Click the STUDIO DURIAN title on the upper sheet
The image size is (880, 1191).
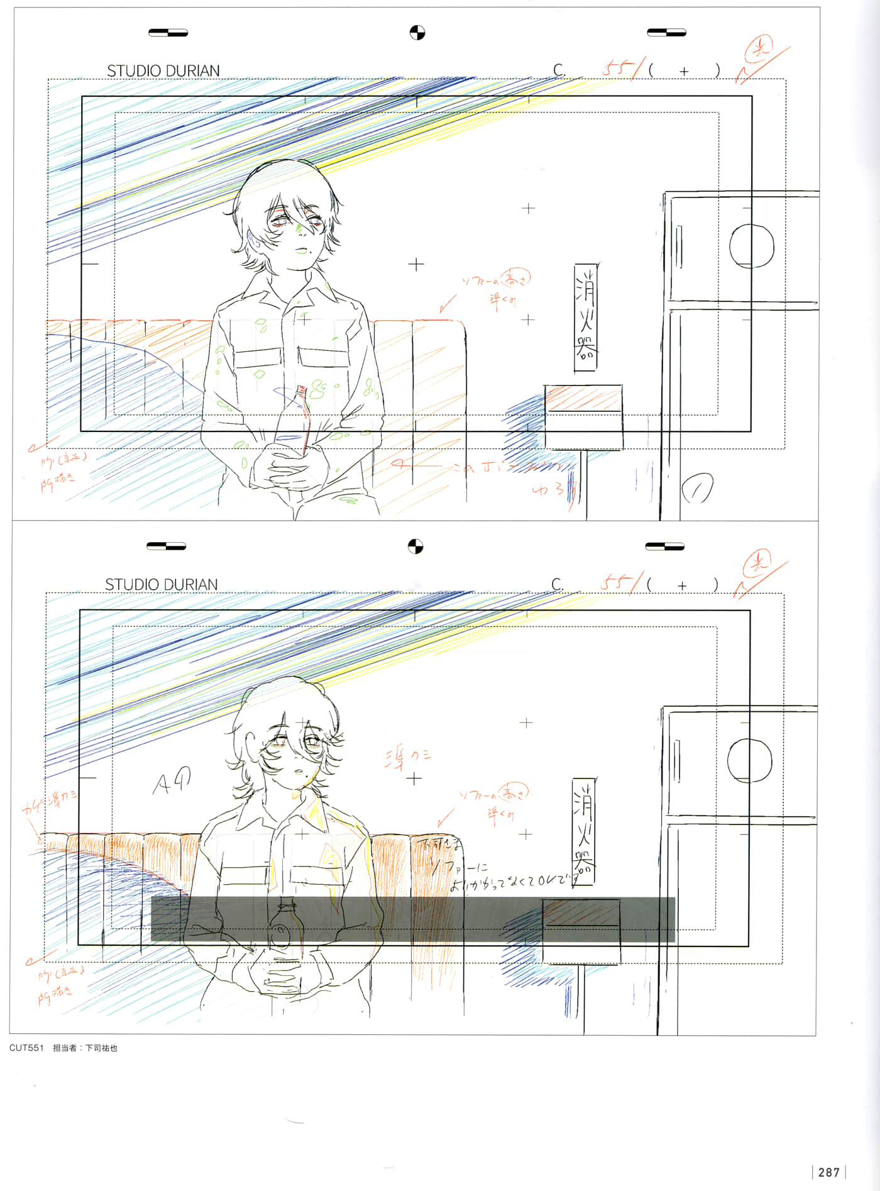(163, 70)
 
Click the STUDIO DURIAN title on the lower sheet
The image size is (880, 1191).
(161, 584)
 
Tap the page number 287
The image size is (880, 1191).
(828, 1172)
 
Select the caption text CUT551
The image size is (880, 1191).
(26, 1048)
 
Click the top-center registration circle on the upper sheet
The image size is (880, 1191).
(417, 33)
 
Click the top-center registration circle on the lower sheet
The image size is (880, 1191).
(415, 546)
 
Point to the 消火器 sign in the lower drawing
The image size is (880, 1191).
(584, 830)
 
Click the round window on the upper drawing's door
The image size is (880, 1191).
(751, 246)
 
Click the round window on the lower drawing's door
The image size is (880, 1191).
(749, 760)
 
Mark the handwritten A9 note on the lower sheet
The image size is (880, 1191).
(171, 781)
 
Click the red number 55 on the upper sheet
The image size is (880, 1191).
(617, 68)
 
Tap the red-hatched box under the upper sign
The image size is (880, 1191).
(583, 399)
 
